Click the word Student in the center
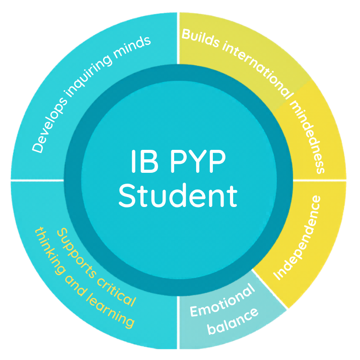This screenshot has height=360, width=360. click(x=178, y=196)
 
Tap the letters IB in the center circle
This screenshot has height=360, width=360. click(x=145, y=161)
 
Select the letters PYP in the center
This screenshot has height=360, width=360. click(x=198, y=161)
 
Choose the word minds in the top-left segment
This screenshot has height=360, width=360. click(x=132, y=47)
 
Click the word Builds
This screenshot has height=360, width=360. click(x=200, y=38)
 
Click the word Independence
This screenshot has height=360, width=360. click(x=297, y=238)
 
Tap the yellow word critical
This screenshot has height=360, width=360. click(x=117, y=292)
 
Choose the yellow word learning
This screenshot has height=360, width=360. click(x=110, y=310)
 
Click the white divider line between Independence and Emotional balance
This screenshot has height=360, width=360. click(x=269, y=289)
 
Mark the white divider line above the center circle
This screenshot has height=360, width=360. click(x=178, y=38)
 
